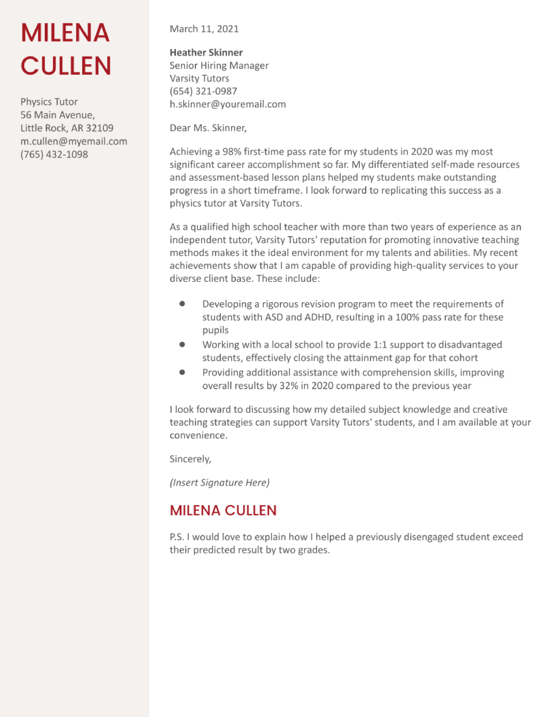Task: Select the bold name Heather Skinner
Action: [206, 53]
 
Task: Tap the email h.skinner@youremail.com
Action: [227, 104]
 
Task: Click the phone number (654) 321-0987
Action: [203, 91]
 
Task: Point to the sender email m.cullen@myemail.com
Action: [73, 141]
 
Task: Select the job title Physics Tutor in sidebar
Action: [49, 102]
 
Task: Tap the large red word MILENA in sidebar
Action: [65, 33]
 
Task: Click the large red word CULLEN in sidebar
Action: [66, 66]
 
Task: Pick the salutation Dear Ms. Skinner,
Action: [208, 128]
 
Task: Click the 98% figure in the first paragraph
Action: [232, 152]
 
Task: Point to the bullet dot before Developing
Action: [182, 304]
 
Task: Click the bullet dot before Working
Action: [182, 344]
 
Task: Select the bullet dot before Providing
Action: [182, 372]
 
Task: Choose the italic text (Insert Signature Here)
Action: [219, 482]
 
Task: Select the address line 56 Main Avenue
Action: [57, 115]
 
